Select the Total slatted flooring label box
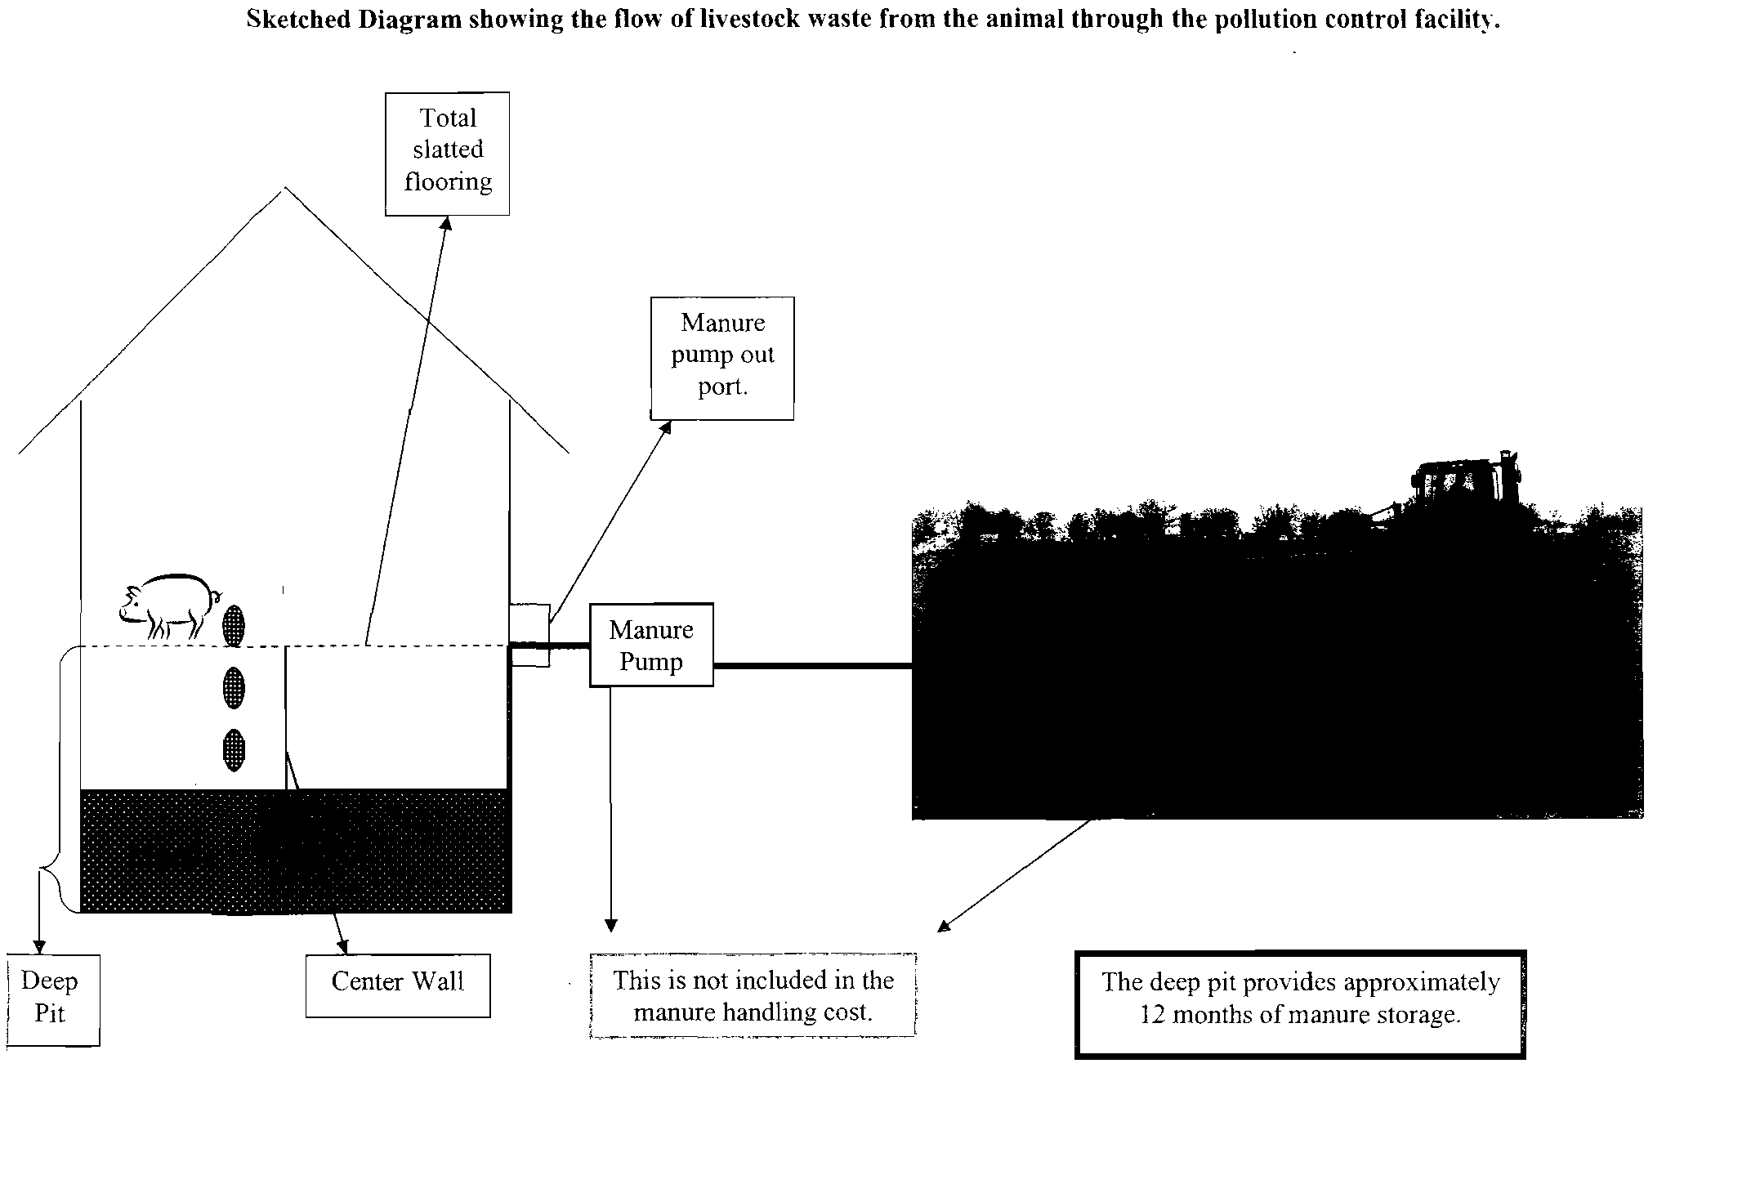tap(447, 154)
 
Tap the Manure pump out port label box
tap(722, 358)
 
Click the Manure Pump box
tap(651, 645)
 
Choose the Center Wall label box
tap(398, 985)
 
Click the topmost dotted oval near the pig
tap(234, 625)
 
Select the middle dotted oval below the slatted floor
tap(234, 687)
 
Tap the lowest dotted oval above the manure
tap(234, 749)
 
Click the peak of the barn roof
tap(284, 190)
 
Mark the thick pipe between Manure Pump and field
tap(812, 666)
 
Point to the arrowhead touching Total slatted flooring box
tap(445, 223)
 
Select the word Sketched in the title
tap(299, 20)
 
